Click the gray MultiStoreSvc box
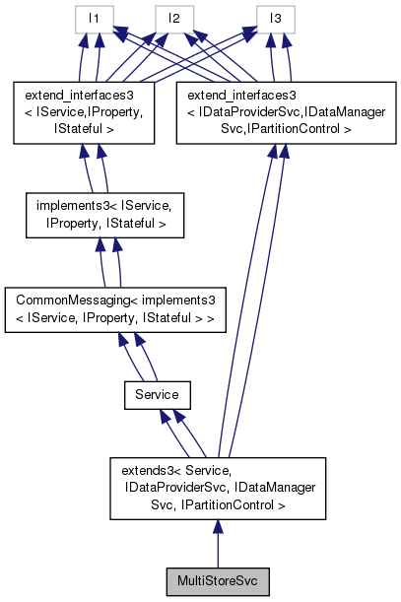point(217,581)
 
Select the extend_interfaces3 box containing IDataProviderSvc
point(276,113)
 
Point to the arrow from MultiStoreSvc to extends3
point(217,543)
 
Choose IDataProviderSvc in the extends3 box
point(175,488)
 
